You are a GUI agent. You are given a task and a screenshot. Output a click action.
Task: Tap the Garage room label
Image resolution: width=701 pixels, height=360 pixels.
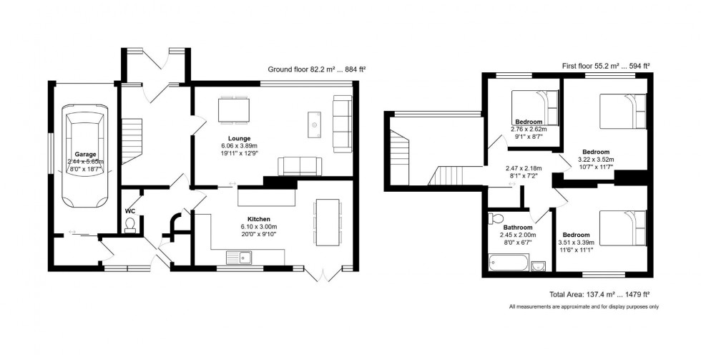pyautogui.click(x=85, y=153)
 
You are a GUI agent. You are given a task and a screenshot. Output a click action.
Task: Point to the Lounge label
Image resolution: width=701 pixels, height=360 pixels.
pyautogui.click(x=239, y=138)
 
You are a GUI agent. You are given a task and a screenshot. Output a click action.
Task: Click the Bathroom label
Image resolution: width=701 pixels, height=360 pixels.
pyautogui.click(x=518, y=228)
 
